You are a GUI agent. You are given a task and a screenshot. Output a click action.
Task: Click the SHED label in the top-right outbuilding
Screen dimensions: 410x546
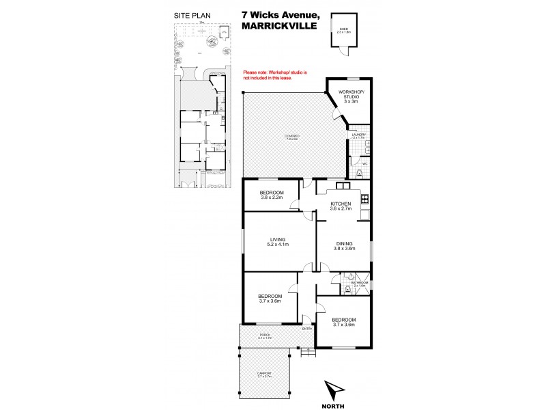click(339, 29)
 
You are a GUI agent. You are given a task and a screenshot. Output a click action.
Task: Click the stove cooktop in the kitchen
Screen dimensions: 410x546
click(364, 200)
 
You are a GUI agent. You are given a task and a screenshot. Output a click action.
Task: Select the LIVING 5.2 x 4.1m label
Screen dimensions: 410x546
click(277, 242)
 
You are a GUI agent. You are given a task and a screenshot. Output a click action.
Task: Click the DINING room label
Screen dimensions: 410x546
click(343, 245)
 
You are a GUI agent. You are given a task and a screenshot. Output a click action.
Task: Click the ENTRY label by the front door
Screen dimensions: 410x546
click(307, 329)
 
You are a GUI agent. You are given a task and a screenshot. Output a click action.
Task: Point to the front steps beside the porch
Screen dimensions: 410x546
click(308, 352)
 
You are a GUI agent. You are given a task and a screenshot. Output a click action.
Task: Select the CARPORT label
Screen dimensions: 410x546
click(265, 374)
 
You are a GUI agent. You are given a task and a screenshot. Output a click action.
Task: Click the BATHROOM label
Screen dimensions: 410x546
click(359, 284)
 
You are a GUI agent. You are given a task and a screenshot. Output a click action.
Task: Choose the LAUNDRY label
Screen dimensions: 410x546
click(358, 135)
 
